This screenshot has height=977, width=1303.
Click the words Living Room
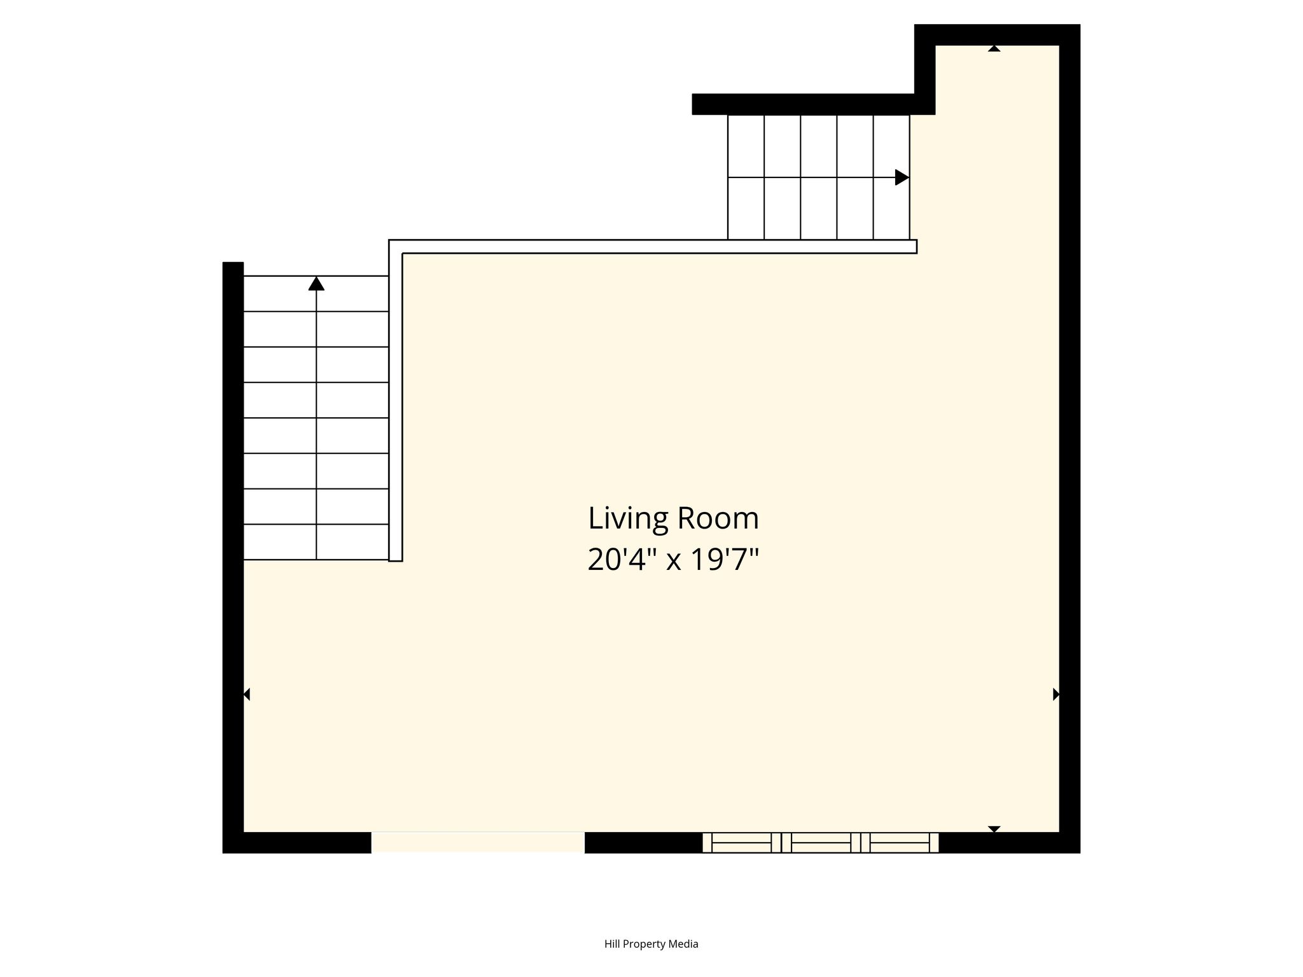tap(673, 518)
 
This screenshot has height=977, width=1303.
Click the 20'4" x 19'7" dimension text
tap(673, 560)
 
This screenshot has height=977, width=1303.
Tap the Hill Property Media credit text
tap(651, 944)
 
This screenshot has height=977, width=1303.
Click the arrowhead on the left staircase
tap(316, 283)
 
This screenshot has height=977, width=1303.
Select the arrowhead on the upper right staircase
tap(902, 177)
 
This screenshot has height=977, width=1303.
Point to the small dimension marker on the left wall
tap(247, 695)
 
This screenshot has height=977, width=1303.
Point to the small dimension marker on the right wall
tap(1056, 695)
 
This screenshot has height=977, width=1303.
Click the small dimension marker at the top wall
tap(994, 48)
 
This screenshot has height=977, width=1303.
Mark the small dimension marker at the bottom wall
tap(994, 829)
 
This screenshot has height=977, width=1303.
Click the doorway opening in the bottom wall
tap(478, 842)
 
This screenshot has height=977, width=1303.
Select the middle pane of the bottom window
tap(821, 843)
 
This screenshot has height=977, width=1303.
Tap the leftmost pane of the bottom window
tap(741, 843)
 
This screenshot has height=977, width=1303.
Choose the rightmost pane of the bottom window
tap(900, 843)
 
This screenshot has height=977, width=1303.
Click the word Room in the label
tap(718, 519)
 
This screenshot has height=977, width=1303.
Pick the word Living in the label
tap(628, 519)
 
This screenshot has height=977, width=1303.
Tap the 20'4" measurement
tap(622, 560)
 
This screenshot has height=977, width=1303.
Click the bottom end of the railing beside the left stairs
tap(396, 560)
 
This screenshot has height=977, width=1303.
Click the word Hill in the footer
tap(612, 943)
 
